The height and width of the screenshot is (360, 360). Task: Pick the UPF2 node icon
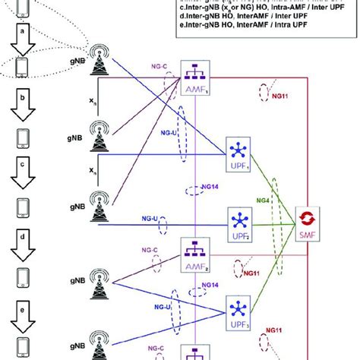pos(238,224)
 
